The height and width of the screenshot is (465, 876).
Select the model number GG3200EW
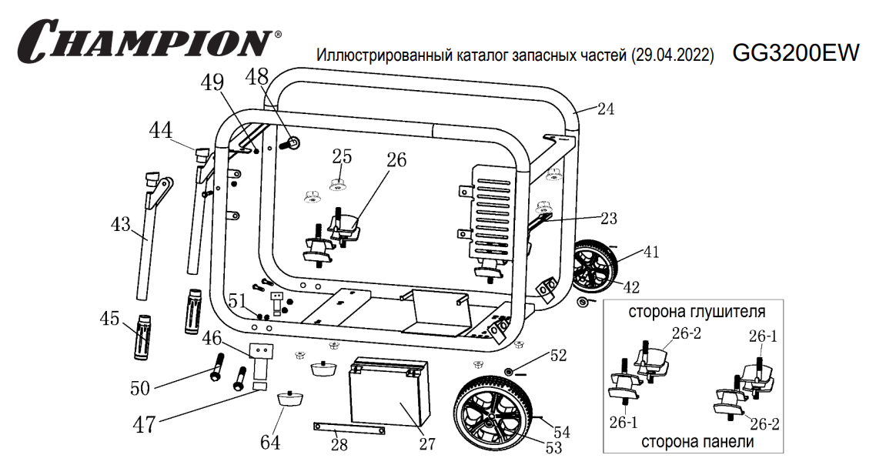coord(795,52)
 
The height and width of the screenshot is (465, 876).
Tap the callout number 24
coord(605,109)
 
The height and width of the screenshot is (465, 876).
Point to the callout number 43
coord(120,224)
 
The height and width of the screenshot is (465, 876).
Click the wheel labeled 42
coord(594,270)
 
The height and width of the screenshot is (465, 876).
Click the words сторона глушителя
coord(697,312)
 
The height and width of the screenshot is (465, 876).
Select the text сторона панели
coord(697,442)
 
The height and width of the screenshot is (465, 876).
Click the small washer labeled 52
coord(510,372)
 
